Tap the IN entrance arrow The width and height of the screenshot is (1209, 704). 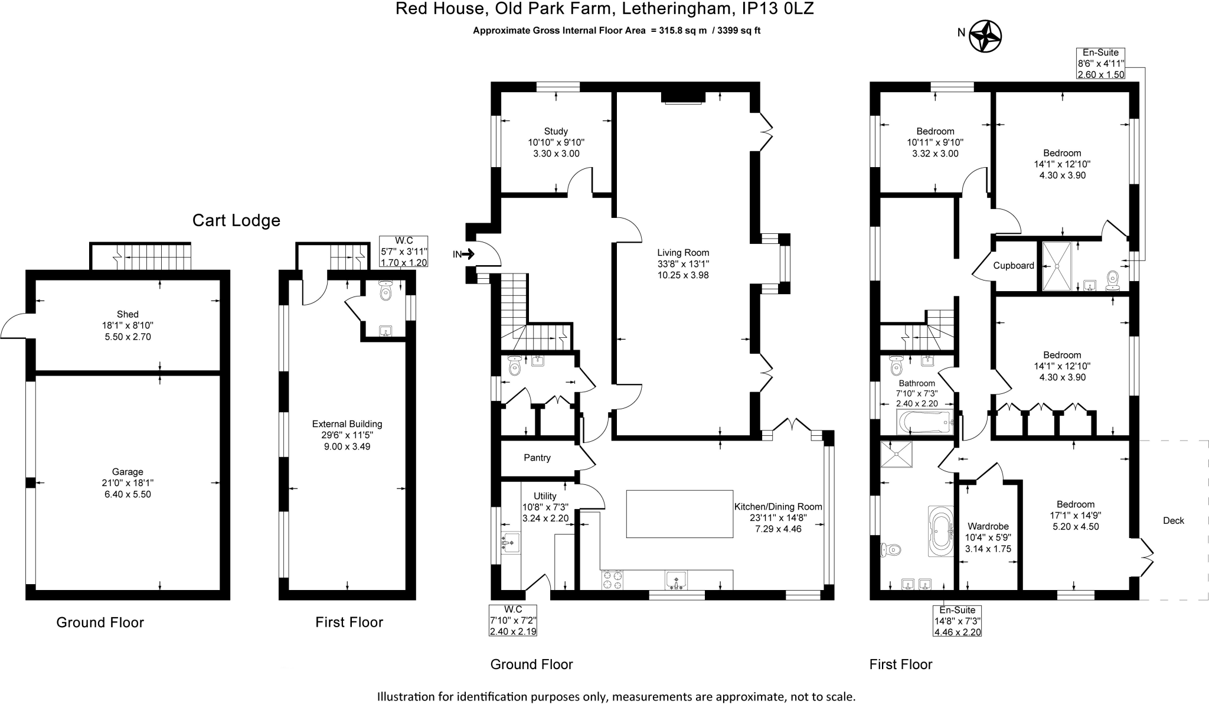(467, 255)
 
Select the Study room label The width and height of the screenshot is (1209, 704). (556, 131)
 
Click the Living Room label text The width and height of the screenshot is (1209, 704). (683, 253)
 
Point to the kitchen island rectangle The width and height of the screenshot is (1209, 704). (679, 514)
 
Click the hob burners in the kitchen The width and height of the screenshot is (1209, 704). (612, 579)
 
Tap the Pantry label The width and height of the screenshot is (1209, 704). (537, 458)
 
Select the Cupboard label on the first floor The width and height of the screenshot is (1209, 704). (1013, 266)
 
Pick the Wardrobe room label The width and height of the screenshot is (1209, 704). (988, 526)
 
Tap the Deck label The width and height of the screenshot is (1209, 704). (1173, 520)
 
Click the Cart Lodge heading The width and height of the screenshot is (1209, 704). (236, 221)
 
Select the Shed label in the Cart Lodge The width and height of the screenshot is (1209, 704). (128, 314)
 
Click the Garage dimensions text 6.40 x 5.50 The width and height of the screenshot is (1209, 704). (128, 494)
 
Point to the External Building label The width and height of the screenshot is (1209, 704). (347, 424)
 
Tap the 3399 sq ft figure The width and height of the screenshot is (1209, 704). (739, 31)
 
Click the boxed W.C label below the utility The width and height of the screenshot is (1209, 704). (513, 610)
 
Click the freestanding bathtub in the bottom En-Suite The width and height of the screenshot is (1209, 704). (940, 531)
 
